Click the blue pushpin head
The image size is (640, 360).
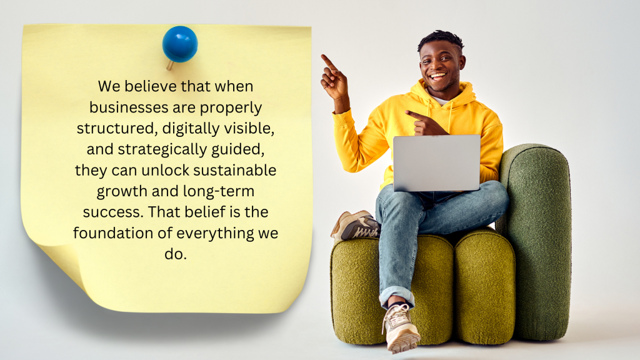coord(180,44)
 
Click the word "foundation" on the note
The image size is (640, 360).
coord(112,234)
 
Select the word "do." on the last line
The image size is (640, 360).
coord(175,254)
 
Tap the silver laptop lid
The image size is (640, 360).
coord(436,162)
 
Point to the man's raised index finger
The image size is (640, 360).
coord(326,60)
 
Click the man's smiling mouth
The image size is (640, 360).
coord(438,77)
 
